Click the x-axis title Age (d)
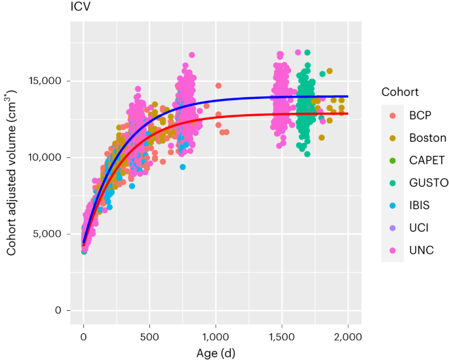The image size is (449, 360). click(216, 353)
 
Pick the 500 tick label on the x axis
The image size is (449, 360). click(149, 336)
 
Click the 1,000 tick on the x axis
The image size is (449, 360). click(215, 336)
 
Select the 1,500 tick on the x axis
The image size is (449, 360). click(281, 336)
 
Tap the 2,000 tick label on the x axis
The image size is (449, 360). click(347, 336)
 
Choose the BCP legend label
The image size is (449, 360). click(420, 115)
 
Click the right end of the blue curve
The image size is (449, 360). click(347, 96)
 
